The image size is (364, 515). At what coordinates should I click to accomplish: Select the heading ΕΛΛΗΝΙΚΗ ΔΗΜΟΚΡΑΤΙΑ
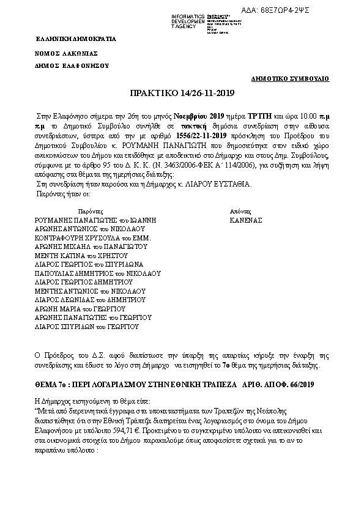point(75,39)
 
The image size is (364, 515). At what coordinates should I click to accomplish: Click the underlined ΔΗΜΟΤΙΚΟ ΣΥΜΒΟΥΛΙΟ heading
point(291,79)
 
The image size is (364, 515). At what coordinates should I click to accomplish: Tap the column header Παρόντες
point(85,209)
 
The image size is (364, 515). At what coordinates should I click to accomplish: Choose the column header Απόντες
point(239,209)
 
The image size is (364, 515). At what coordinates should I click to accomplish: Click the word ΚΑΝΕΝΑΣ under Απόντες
point(245,218)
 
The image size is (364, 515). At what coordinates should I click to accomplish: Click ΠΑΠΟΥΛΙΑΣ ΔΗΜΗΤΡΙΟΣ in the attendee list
point(72,273)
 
